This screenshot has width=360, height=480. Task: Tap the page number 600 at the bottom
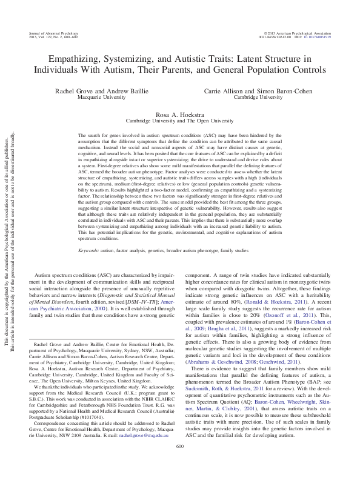[179, 464]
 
